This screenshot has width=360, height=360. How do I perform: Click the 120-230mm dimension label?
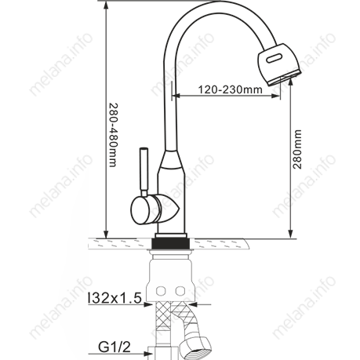coord(230,89)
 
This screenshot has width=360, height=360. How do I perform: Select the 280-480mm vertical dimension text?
coord(114,135)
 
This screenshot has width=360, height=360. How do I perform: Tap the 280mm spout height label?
coord(297,149)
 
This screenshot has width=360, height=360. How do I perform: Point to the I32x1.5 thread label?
coord(115,298)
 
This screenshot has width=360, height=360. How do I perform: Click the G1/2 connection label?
coord(115,347)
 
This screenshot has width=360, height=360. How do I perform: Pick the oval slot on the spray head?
coord(275,58)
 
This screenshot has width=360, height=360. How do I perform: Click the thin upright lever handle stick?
coord(144,172)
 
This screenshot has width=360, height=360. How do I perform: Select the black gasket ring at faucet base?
coord(171,244)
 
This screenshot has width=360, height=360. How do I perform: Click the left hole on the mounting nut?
coord(161,290)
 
